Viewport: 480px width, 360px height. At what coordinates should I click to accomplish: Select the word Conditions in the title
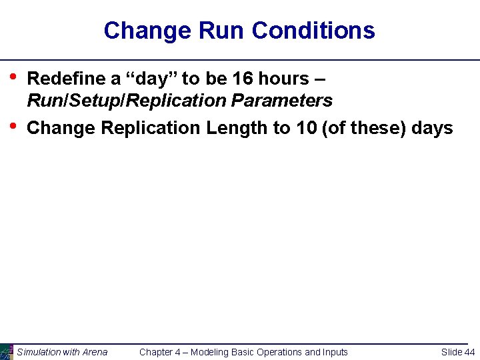pyautogui.click(x=313, y=31)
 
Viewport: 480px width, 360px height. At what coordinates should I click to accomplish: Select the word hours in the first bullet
pyautogui.click(x=283, y=79)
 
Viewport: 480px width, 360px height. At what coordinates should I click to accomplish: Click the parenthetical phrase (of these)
pyautogui.click(x=364, y=127)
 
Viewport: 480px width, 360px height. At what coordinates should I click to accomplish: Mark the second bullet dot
pyautogui.click(x=15, y=124)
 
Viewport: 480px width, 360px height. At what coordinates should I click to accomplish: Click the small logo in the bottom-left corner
pyautogui.click(x=6, y=351)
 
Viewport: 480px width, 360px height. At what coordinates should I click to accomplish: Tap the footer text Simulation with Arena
pyautogui.click(x=62, y=352)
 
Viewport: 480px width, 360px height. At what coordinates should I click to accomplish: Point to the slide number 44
pyautogui.click(x=469, y=352)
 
